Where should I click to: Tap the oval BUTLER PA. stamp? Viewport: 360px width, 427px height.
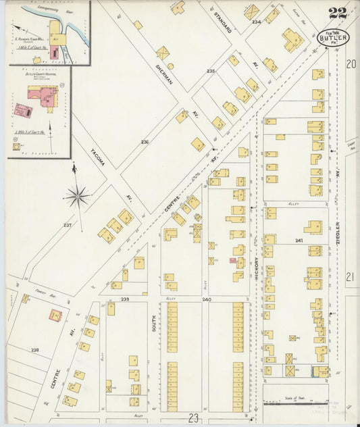pos(334,39)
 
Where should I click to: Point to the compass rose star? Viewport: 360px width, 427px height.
pos(77,197)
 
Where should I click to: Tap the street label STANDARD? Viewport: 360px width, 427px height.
pos(223,21)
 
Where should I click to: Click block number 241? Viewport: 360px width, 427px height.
pos(299,240)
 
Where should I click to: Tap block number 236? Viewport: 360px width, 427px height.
pos(144,142)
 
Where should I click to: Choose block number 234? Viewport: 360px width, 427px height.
pos(255,22)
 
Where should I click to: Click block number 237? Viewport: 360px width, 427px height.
pos(67,225)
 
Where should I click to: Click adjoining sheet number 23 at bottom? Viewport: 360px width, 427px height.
pos(194,418)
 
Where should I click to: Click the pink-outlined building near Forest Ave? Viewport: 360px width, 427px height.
pos(54,314)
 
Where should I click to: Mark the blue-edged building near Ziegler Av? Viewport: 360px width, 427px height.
pos(317,371)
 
